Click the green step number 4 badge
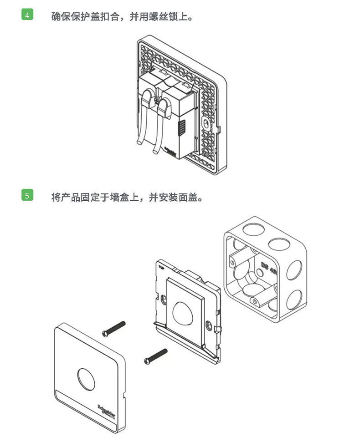[27, 15]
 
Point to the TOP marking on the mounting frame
[161, 267]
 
